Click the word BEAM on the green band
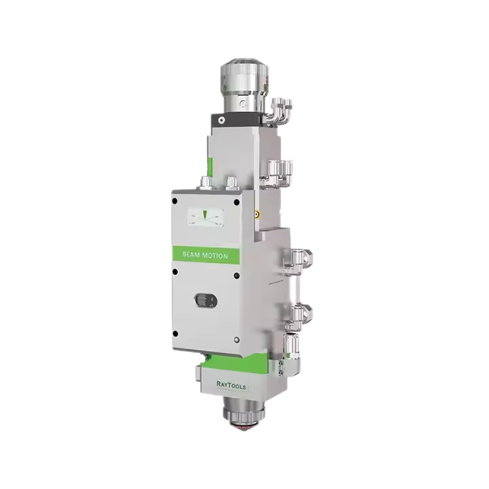(191, 255)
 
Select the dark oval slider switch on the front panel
(206, 300)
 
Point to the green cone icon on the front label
(204, 214)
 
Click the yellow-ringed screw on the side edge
(257, 214)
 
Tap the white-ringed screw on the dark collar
(221, 120)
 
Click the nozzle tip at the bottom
(243, 428)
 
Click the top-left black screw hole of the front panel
(175, 201)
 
